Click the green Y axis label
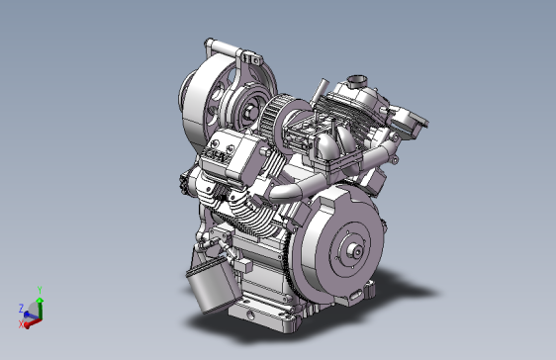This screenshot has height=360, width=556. click(x=40, y=290)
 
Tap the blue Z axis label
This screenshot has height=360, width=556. click(x=22, y=308)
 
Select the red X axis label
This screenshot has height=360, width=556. click(x=21, y=323)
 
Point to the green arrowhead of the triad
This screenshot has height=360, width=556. click(x=40, y=301)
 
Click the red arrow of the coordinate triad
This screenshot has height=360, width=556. click(x=34, y=322)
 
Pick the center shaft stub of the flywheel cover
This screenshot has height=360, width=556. click(x=355, y=251)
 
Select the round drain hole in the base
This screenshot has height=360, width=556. click(x=250, y=315)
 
